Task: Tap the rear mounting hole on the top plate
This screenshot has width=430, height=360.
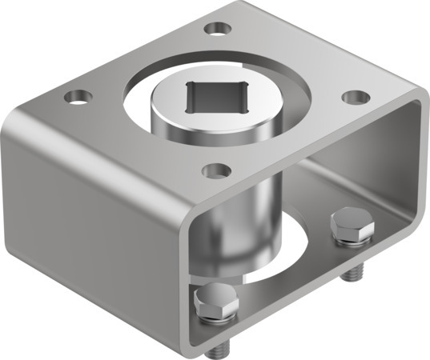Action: [x=215, y=30]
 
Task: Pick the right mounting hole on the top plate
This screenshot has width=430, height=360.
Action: [x=355, y=97]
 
